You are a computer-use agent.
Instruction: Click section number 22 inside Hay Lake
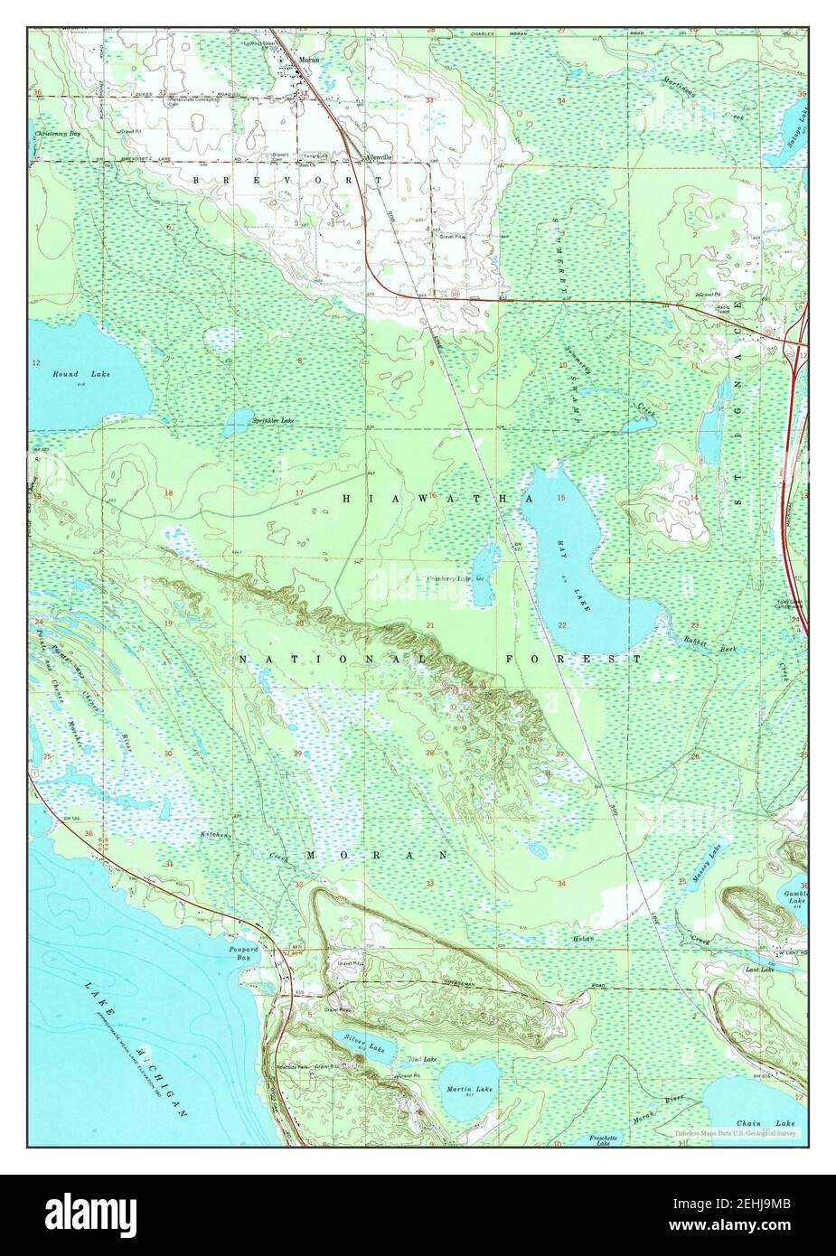(561, 624)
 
